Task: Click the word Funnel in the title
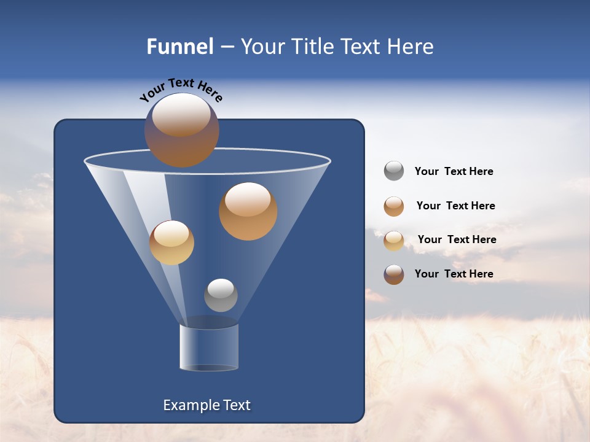[180, 47]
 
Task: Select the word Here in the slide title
[410, 47]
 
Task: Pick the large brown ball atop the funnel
[182, 130]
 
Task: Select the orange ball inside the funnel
[248, 211]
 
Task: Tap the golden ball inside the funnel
[171, 242]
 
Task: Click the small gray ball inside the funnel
[221, 295]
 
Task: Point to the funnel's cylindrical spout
[209, 347]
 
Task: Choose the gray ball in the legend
[394, 171]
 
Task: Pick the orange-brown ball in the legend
[394, 206]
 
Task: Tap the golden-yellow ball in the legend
[394, 241]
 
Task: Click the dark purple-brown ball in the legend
[394, 274]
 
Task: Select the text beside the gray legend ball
[454, 172]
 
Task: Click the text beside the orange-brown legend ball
[455, 206]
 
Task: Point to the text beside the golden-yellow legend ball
[457, 239]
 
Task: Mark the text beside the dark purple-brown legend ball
[454, 274]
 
